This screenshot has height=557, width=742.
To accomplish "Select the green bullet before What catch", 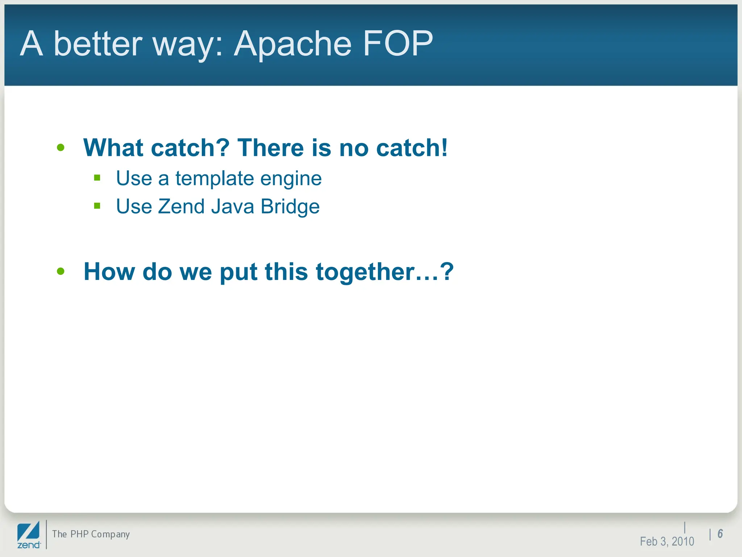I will pyautogui.click(x=61, y=148).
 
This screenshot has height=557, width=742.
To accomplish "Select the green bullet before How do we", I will pyautogui.click(x=61, y=271).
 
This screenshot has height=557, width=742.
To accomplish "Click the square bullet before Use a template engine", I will pyautogui.click(x=97, y=178).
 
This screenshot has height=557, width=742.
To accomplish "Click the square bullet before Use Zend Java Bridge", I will pyautogui.click(x=97, y=206).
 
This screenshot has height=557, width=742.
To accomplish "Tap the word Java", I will pyautogui.click(x=232, y=206).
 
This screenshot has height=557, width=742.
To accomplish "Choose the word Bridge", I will pyautogui.click(x=290, y=207).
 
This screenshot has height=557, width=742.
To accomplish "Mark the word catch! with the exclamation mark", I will pyautogui.click(x=412, y=148).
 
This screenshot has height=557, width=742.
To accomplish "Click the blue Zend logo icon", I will pyautogui.click(x=29, y=532).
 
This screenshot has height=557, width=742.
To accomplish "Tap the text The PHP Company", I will pyautogui.click(x=91, y=534).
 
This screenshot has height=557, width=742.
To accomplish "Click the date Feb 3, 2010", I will pyautogui.click(x=667, y=541).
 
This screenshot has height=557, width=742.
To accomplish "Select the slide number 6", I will pyautogui.click(x=720, y=534).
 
